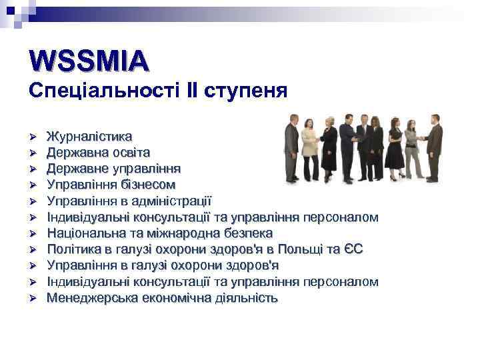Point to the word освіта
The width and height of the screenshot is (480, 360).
(127, 153)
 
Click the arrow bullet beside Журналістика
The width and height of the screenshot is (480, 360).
(32, 137)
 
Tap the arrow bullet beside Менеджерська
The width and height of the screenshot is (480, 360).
(32, 298)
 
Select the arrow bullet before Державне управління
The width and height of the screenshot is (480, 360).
(32, 169)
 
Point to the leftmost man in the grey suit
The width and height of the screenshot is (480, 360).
(291, 147)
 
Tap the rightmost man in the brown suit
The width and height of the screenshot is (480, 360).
(434, 147)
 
